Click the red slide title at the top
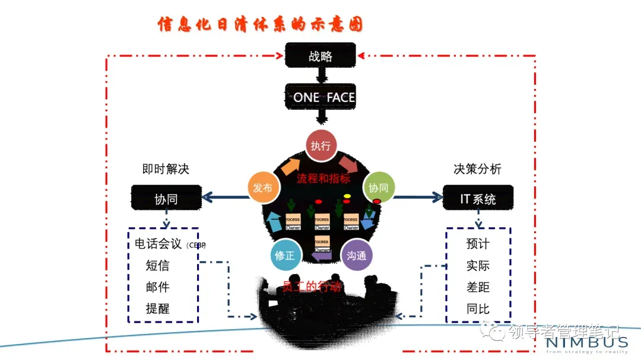click(260, 24)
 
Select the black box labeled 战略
click(320, 56)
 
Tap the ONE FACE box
click(320, 97)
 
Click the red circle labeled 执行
click(320, 145)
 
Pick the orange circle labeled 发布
click(262, 188)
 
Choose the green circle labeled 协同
click(378, 188)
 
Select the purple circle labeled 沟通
click(359, 256)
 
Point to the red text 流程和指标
click(323, 178)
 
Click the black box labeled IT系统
click(478, 199)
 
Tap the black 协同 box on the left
click(166, 199)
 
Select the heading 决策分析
click(478, 169)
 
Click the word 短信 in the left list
click(157, 265)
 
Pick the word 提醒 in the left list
click(157, 308)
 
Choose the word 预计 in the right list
click(478, 244)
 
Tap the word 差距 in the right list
click(478, 287)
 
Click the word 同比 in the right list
click(478, 308)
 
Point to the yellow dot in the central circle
click(347, 196)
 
